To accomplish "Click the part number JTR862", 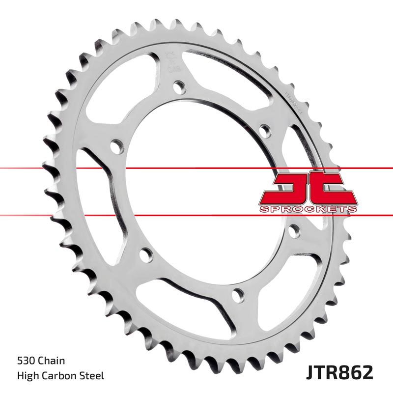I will [338, 371].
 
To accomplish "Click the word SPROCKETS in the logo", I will [307, 209].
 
